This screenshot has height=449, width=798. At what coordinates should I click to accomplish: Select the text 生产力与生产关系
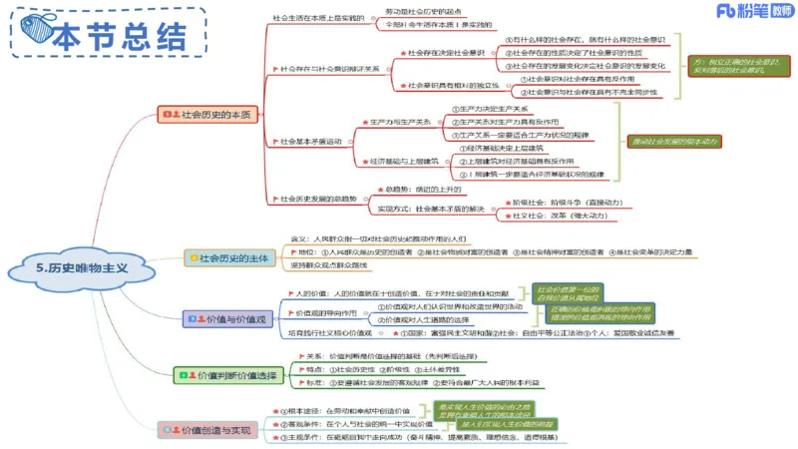400,121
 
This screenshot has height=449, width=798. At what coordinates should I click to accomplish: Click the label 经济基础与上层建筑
404,161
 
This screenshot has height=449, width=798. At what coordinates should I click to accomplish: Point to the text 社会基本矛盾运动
310,141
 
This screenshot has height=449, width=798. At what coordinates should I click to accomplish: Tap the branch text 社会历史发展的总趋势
318,199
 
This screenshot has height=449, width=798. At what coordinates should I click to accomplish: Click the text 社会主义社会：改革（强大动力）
555,216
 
